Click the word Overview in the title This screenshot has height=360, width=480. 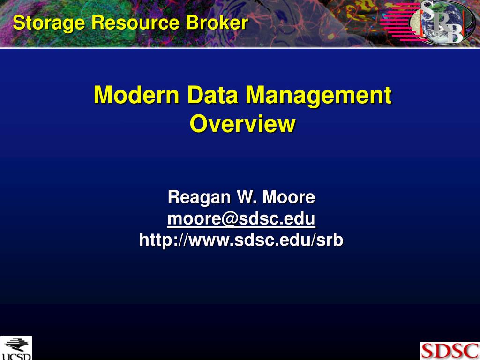tap(242, 124)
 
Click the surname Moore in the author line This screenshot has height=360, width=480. tap(289, 197)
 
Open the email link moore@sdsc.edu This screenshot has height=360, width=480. tap(241, 218)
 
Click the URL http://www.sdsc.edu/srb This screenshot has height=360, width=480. tap(241, 240)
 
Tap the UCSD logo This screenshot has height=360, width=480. tap(15, 348)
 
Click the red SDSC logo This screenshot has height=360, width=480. tap(449, 351)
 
